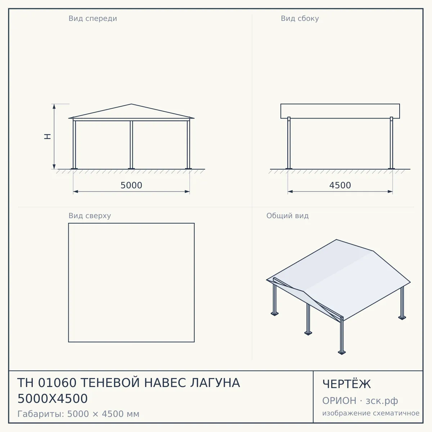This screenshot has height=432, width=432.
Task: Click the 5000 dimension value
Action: point(131,185)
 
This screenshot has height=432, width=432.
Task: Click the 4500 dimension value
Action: point(340,185)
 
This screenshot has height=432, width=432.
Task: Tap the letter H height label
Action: point(48,136)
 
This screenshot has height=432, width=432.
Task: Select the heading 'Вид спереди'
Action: point(93,19)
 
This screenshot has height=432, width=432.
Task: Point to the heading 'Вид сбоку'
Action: point(300,19)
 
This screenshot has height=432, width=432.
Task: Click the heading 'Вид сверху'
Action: point(90,216)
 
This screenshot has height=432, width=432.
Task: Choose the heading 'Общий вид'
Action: point(287,216)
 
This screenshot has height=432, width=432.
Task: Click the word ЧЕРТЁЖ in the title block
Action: point(347,384)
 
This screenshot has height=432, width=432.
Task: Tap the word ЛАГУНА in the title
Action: point(215,383)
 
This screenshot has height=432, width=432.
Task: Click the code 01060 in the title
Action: point(57,383)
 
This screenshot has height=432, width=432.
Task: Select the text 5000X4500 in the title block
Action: point(53,399)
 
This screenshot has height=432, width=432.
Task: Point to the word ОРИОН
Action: point(339,401)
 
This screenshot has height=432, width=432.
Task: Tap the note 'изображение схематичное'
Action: point(371,413)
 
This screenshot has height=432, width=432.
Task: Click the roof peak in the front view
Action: point(131,104)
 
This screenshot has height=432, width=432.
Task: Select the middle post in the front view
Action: point(131,145)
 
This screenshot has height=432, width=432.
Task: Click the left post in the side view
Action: point(289,143)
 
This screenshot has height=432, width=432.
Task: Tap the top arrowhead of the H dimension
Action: point(54,107)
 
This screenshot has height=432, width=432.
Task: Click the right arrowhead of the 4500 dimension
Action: point(390,192)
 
